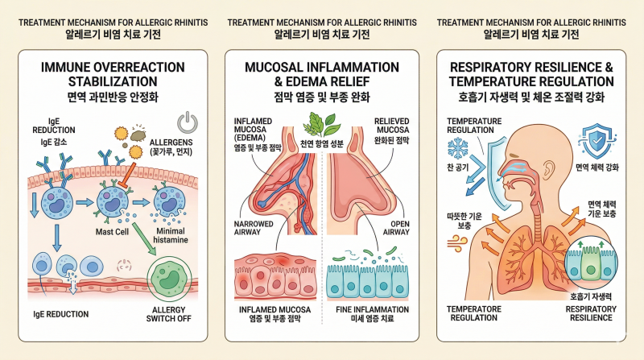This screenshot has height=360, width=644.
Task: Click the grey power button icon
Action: (188, 122)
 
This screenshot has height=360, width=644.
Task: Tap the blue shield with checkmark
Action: (595, 141)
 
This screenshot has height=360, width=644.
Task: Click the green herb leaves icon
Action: (321, 123)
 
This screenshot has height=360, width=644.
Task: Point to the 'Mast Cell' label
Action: (112, 232)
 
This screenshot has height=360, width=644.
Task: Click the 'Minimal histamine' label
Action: (171, 235)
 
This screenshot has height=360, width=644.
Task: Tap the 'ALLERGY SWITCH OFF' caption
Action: (169, 314)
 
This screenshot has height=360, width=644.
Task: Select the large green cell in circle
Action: (169, 279)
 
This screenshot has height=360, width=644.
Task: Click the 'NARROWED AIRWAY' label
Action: (254, 228)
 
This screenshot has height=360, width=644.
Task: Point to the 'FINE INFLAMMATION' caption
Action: (372, 309)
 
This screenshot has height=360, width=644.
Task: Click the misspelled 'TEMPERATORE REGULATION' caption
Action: (474, 313)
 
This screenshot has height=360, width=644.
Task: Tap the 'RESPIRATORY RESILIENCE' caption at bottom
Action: (591, 313)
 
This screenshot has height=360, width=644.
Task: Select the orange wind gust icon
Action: (456, 243)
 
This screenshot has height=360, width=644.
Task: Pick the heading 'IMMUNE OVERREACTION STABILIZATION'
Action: (113, 74)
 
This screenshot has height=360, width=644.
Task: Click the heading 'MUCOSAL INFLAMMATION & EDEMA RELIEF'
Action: (322, 74)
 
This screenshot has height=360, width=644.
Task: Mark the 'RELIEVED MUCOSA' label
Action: (391, 126)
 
